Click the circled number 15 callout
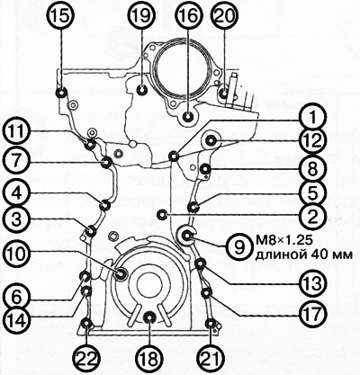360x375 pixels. pos(62,16)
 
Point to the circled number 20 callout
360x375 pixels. pos(226,16)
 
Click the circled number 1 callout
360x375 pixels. pos(313,120)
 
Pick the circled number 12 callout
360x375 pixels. pos(313,141)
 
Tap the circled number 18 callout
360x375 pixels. pos(149,359)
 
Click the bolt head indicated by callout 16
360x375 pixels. pos(188,116)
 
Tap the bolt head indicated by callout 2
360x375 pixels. pos(163,214)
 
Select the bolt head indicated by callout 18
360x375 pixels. pos(149,317)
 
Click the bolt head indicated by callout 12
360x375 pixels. pos(212,139)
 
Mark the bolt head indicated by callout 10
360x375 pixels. pos(122,273)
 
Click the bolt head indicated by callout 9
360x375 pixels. pos(187,236)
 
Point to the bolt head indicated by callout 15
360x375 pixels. pos(62,93)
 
